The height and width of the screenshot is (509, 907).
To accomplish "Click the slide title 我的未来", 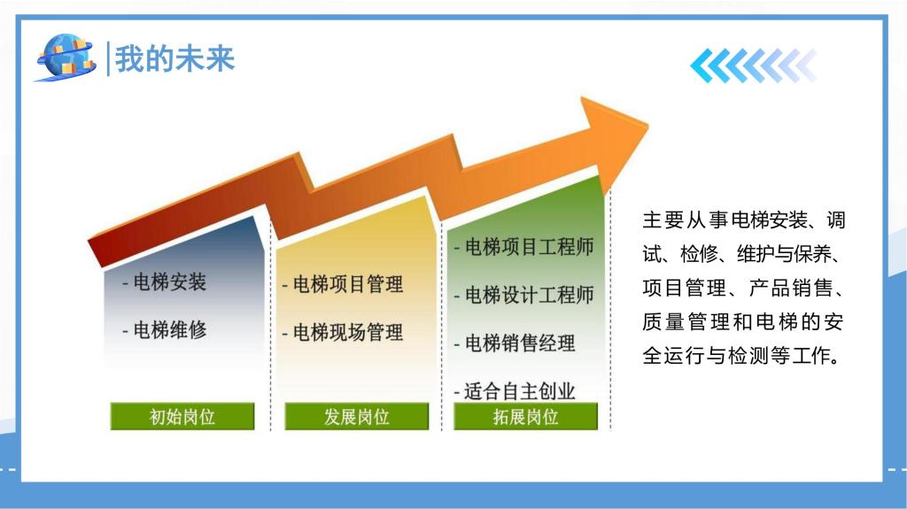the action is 175,59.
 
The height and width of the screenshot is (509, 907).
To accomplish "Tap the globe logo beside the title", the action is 66,57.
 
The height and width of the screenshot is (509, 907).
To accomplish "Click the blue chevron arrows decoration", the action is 753,66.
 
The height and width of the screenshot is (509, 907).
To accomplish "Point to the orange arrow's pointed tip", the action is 647,125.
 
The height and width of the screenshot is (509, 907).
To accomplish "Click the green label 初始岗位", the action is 182,416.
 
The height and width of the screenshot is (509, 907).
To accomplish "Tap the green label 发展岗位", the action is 357,416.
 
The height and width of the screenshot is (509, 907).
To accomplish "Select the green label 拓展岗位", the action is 526,416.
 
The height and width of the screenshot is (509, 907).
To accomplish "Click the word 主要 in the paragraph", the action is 663,220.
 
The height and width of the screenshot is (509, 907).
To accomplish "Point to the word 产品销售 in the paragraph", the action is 791,288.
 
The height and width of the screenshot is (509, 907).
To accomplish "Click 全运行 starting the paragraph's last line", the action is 674,356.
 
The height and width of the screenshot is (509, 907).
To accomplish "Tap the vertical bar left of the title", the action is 108,58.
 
